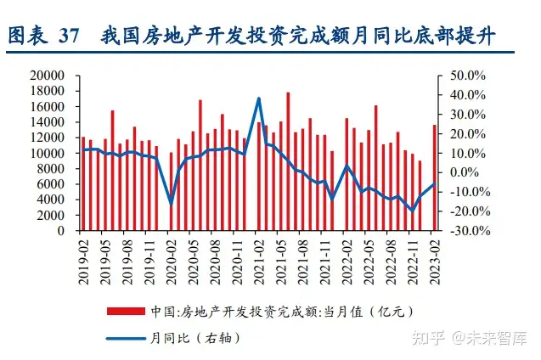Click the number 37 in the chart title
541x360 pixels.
click(x=69, y=37)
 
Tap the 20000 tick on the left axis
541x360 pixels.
click(x=48, y=76)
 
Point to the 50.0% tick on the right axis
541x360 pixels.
click(x=466, y=76)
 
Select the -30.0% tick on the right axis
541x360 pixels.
click(x=465, y=231)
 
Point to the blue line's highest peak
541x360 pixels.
click(x=258, y=98)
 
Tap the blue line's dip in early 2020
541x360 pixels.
click(x=171, y=203)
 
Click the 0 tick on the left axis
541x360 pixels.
click(x=62, y=231)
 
